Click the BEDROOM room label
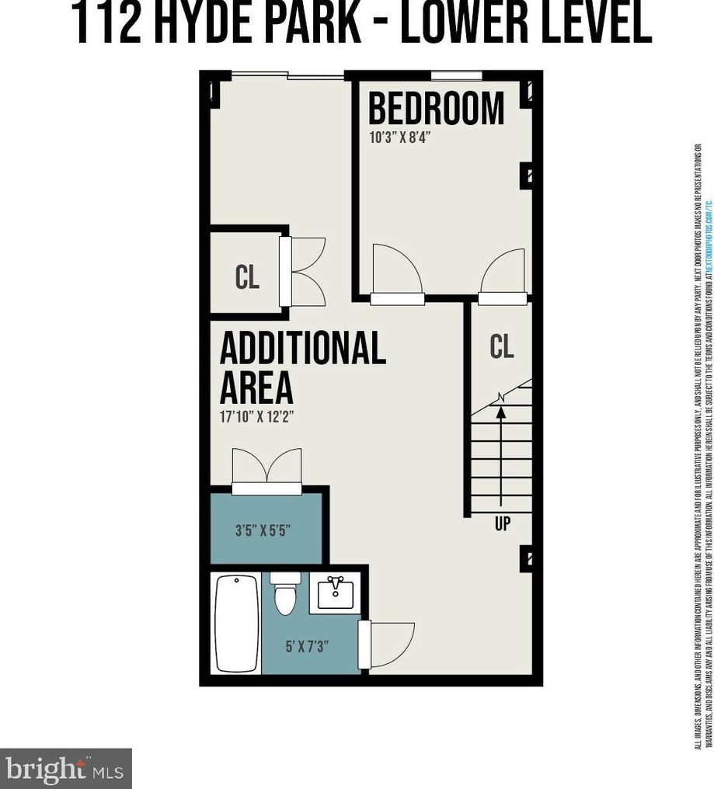436,109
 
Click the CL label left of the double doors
247,277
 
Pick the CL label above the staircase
502,346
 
